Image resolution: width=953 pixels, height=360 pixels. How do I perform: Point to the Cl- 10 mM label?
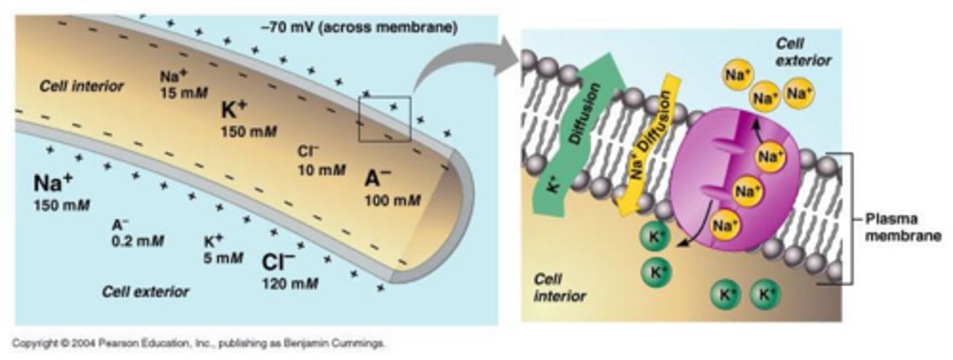tap(322, 161)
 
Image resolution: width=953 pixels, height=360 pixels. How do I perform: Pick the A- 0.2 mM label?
tap(138, 232)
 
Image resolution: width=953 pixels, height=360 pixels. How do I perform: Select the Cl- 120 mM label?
tap(289, 271)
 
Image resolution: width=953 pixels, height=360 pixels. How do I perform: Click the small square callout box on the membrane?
tap(385, 118)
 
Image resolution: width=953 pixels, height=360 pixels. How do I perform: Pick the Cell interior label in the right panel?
tap(560, 288)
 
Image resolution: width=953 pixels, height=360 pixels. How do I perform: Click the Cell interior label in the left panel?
tap(81, 86)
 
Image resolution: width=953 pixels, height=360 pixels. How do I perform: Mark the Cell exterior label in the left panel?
tap(145, 292)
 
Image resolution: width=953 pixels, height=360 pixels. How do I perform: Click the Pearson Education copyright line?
tap(199, 343)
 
